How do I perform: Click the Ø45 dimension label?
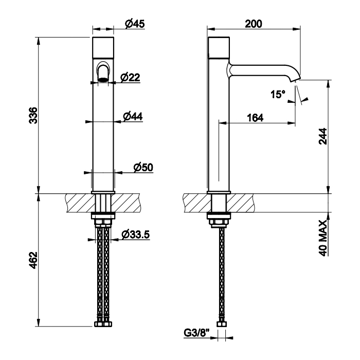(x=135, y=24)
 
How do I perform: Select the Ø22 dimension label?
(x=130, y=77)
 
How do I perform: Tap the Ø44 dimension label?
(x=133, y=116)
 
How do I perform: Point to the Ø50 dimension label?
(x=143, y=167)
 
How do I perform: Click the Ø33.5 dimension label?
(x=136, y=235)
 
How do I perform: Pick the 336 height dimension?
(x=33, y=115)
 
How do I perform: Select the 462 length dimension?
(x=33, y=260)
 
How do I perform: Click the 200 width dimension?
(x=254, y=24)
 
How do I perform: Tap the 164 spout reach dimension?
(x=255, y=118)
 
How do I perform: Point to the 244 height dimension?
(x=323, y=136)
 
